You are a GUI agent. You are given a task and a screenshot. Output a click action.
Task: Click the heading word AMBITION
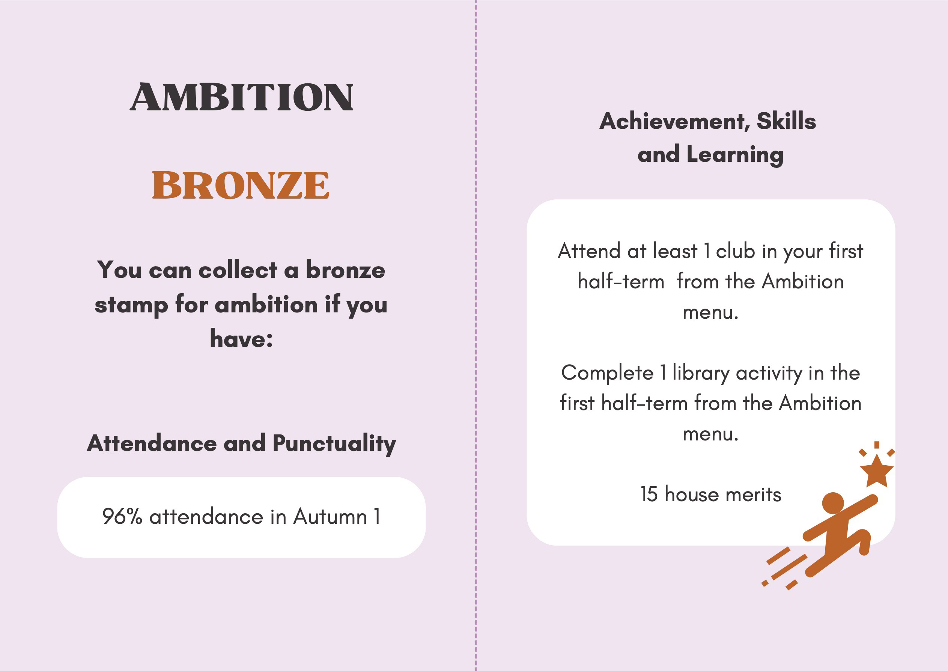[x=242, y=97]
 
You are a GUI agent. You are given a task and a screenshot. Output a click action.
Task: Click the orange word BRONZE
[x=241, y=185]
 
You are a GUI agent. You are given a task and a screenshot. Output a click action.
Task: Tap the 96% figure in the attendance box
[x=122, y=516]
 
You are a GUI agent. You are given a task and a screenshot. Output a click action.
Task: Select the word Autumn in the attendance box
[x=330, y=516]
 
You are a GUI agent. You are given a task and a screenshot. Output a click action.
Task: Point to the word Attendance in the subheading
[x=152, y=443]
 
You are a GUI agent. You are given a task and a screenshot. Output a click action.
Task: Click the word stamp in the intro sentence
[x=131, y=306]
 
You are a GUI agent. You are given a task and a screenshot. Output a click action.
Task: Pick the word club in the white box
[x=735, y=251]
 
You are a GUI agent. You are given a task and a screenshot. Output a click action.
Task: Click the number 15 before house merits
[x=649, y=494]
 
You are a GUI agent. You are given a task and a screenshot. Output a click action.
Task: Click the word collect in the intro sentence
[x=238, y=271]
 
